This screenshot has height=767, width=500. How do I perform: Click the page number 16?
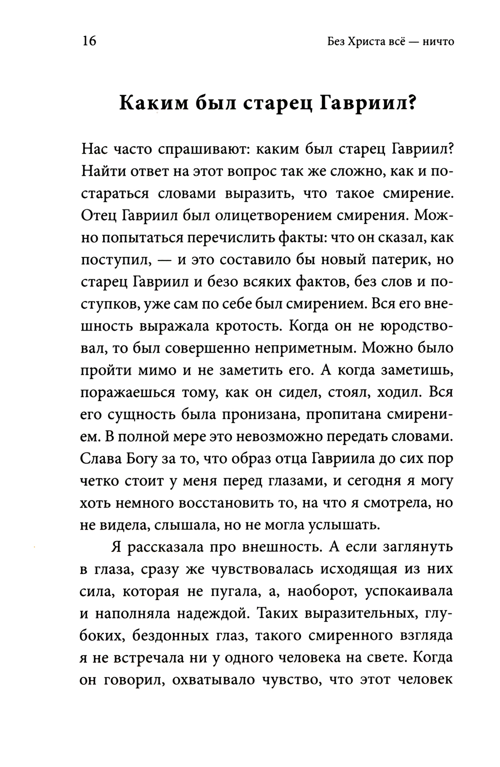tap(87, 41)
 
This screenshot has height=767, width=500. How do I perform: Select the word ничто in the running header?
tap(437, 42)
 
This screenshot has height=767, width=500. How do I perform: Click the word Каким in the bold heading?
tap(152, 103)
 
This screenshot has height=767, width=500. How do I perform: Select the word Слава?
tap(100, 459)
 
